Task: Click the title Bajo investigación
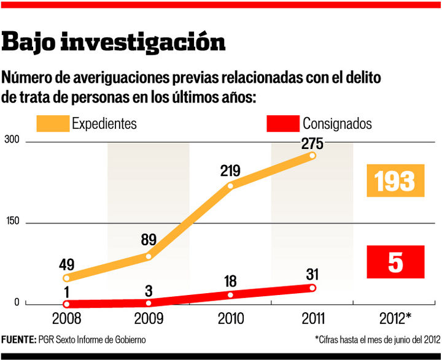(114, 42)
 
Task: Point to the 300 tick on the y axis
(13, 140)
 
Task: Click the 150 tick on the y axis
(13, 221)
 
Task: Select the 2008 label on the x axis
(66, 318)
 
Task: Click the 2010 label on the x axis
(230, 318)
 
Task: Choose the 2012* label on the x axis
(395, 318)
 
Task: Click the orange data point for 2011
(312, 156)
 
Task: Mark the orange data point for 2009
(149, 256)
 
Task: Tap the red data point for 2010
(230, 295)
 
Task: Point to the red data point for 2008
(66, 304)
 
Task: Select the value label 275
(312, 144)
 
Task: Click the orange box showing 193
(395, 181)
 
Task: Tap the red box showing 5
(395, 262)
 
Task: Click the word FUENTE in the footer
(18, 339)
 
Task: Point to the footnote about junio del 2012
(378, 339)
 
